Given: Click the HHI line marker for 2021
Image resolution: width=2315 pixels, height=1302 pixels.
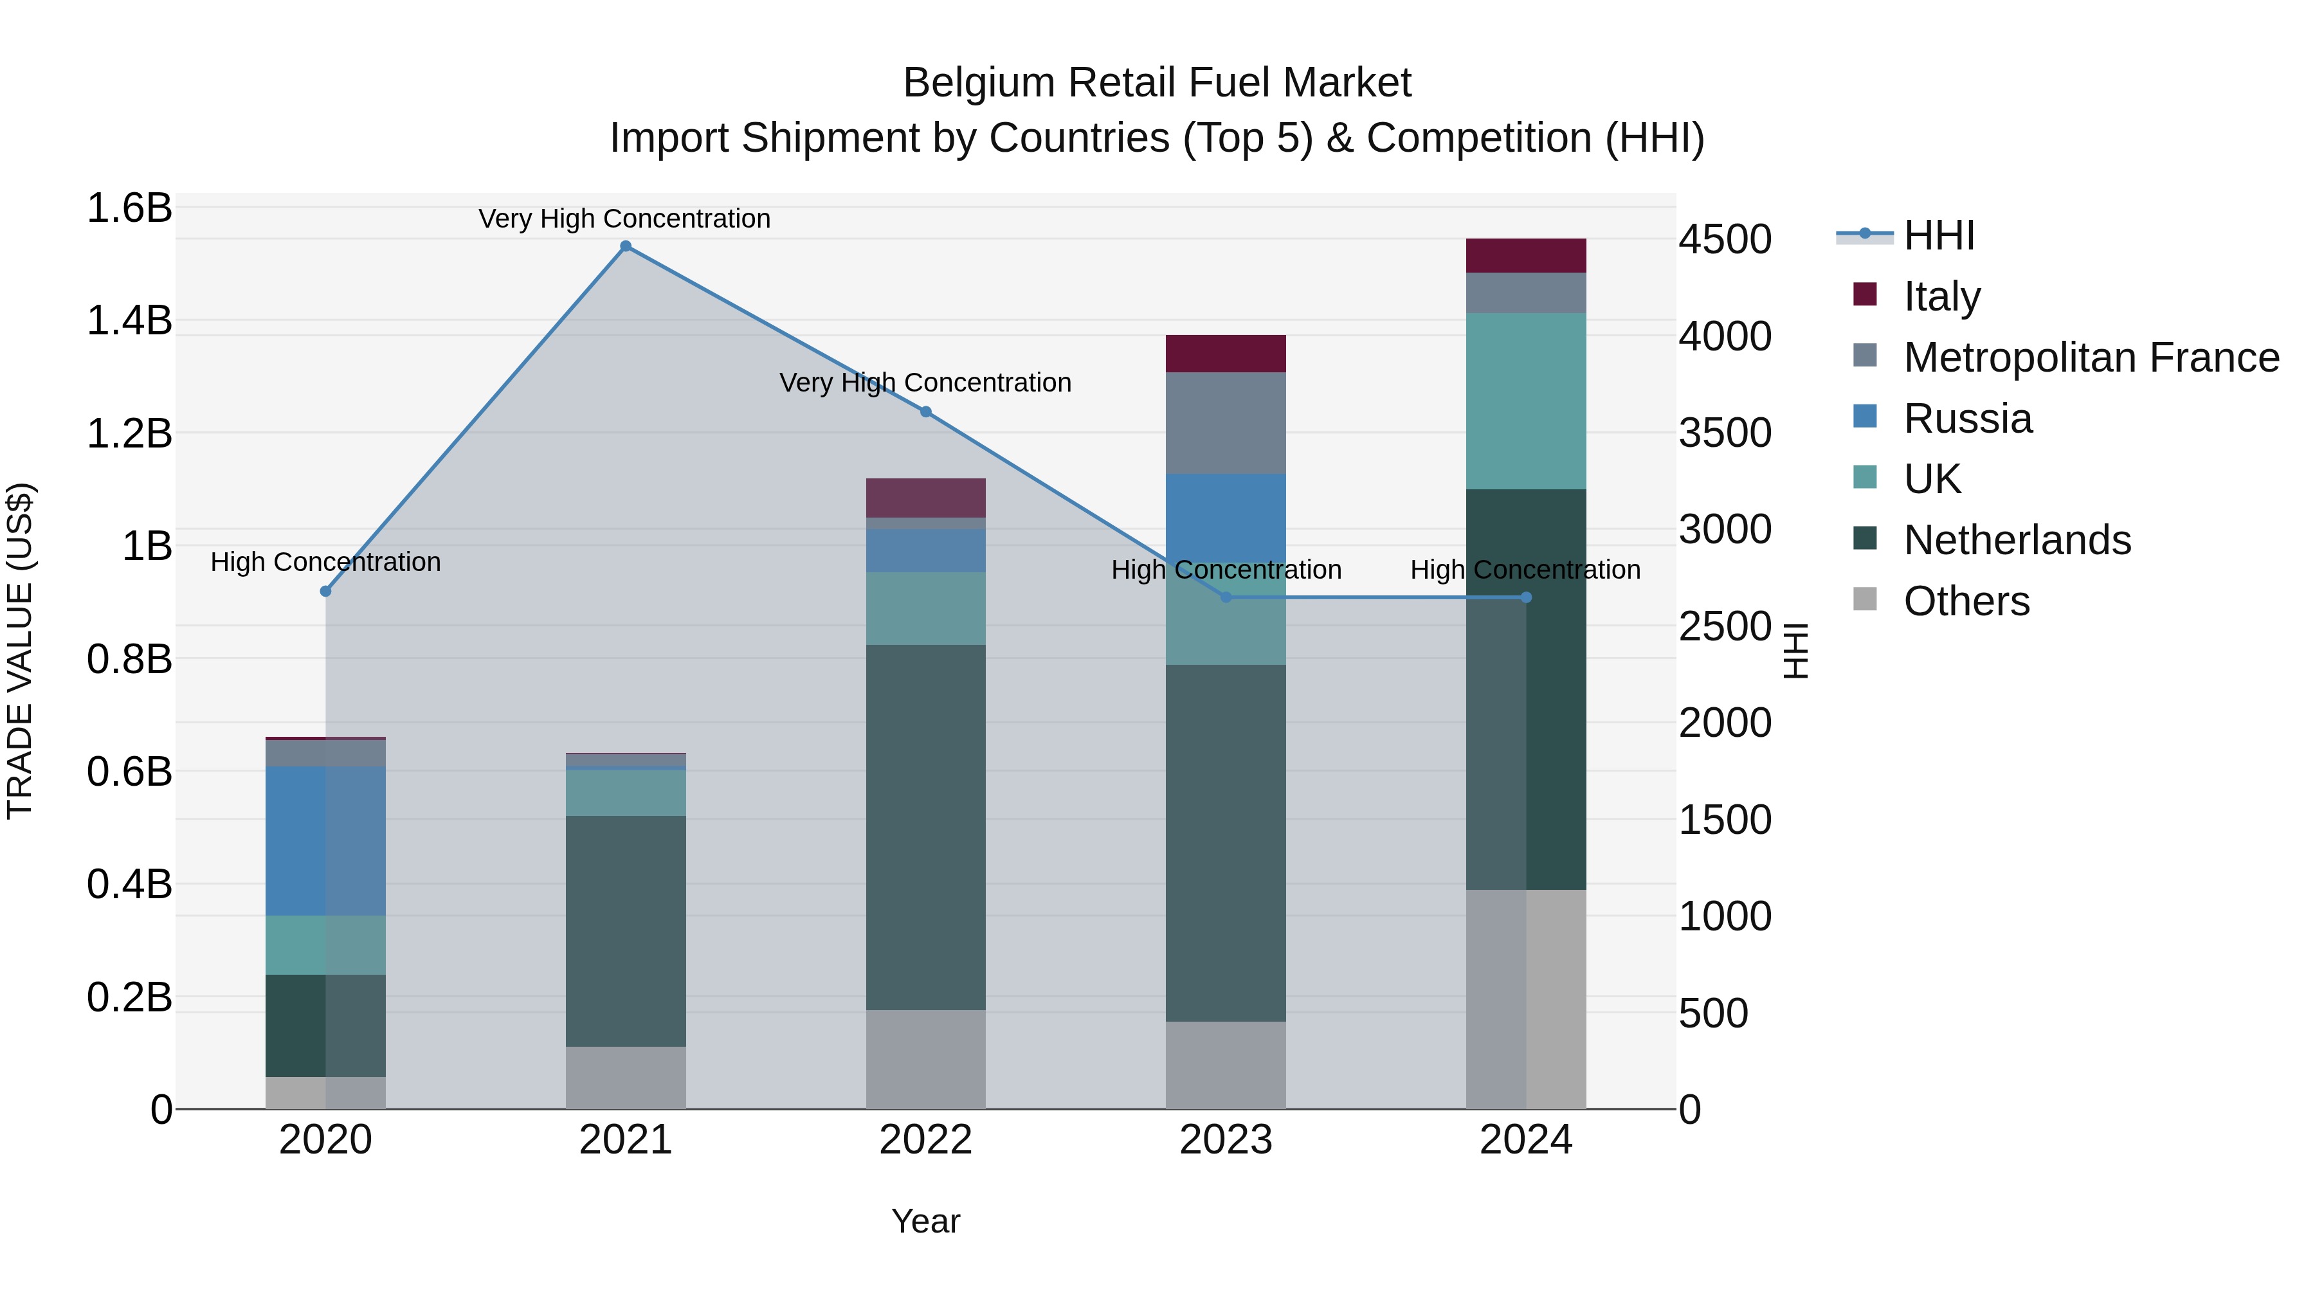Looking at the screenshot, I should point(626,246).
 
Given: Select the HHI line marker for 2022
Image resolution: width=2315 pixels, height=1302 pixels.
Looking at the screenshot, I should point(925,411).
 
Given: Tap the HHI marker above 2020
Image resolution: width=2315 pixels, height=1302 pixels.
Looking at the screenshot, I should point(325,592).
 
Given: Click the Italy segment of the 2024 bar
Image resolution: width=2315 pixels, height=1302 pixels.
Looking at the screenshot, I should point(1525,256).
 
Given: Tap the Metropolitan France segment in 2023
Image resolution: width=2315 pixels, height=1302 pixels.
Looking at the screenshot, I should point(1225,422).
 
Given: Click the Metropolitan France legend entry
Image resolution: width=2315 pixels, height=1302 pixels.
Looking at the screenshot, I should point(2091,357).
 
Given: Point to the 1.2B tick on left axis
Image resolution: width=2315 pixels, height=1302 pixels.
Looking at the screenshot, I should point(129,433).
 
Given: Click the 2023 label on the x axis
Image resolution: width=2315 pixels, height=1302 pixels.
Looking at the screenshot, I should point(1225,1140).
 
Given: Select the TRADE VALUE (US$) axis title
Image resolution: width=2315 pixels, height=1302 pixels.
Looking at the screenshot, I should point(20,651).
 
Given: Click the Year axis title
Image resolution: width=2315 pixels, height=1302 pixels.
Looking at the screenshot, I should point(925,1221).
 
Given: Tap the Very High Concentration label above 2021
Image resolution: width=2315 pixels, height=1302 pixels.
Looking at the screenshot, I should point(624,219).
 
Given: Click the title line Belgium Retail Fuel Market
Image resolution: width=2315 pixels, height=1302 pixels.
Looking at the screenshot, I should point(1157,83).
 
